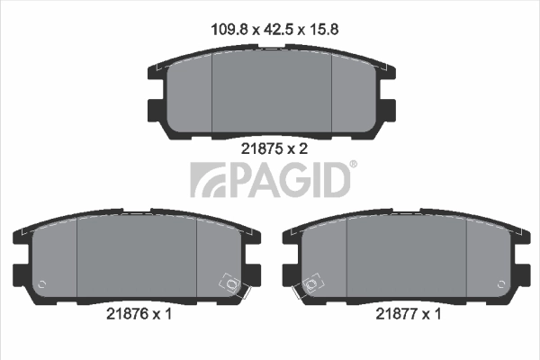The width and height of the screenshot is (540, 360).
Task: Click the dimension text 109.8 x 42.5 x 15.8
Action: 273,28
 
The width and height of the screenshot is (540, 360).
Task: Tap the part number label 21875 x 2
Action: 274,149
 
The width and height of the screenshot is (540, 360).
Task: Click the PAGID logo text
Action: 288,179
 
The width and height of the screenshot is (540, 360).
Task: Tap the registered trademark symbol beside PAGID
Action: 353,164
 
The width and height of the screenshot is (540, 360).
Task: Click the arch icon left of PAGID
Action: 205,180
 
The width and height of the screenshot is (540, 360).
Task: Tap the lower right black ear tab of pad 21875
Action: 388,110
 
